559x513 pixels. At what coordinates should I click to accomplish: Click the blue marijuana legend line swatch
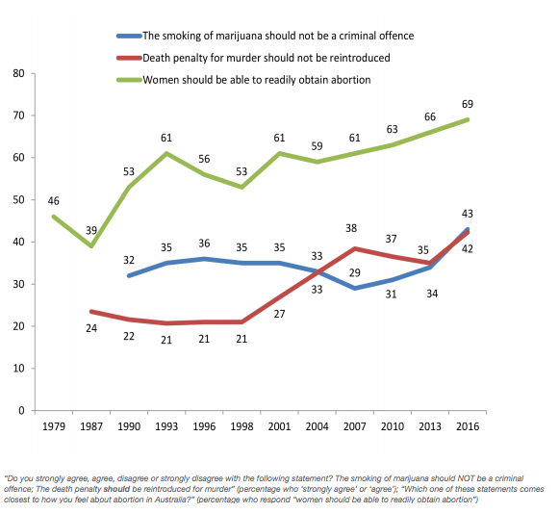tap(129, 36)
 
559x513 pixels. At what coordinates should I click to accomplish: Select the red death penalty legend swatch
tap(129, 58)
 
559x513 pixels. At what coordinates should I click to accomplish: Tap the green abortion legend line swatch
tap(129, 80)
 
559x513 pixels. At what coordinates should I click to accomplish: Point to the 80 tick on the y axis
tap(18, 73)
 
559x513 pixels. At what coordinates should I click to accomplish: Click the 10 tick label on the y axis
tap(18, 369)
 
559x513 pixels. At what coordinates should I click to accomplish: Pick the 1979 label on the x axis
tap(54, 426)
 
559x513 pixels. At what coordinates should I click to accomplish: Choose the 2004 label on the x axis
tap(317, 426)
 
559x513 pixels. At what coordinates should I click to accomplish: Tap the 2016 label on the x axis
tap(468, 426)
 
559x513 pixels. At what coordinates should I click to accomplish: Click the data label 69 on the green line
tap(468, 104)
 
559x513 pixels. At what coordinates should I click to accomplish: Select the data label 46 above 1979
tap(54, 201)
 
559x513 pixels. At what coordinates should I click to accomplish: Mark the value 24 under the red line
tap(91, 328)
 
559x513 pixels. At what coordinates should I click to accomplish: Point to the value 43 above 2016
tap(468, 214)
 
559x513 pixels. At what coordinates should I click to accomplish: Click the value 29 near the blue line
tap(354, 273)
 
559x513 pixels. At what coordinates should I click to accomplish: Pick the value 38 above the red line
tap(351, 228)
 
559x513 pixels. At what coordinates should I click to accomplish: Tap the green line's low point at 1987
tap(91, 245)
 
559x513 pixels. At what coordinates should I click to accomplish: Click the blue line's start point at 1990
tap(129, 276)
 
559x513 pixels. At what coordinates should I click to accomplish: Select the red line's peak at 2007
tap(355, 248)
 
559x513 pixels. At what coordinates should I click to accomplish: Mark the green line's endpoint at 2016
tap(468, 120)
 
